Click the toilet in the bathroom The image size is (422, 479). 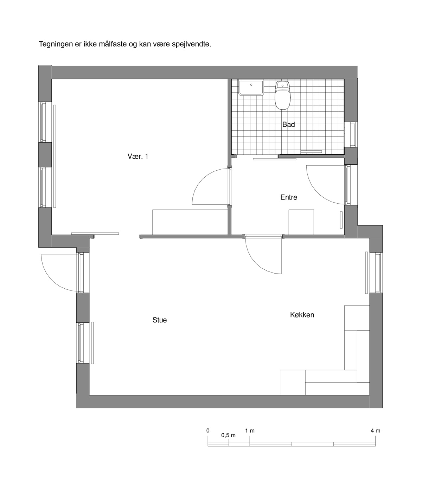tap(282, 95)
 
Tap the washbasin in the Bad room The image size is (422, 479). tap(251, 88)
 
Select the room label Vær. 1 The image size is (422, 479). tap(138, 156)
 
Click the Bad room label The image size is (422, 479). tap(288, 124)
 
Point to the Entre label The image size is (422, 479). tap(289, 197)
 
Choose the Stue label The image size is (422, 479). tap(160, 320)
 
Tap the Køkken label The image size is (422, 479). tap(302, 315)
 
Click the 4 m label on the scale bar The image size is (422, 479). tap(375, 431)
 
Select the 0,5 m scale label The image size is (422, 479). tap(228, 435)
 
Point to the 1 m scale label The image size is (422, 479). tap(250, 431)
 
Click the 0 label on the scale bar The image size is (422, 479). tap(208, 431)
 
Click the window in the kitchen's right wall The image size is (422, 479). tap(378, 273)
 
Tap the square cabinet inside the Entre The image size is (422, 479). tap(301, 222)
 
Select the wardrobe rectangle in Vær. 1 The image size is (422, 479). tap(190, 222)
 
